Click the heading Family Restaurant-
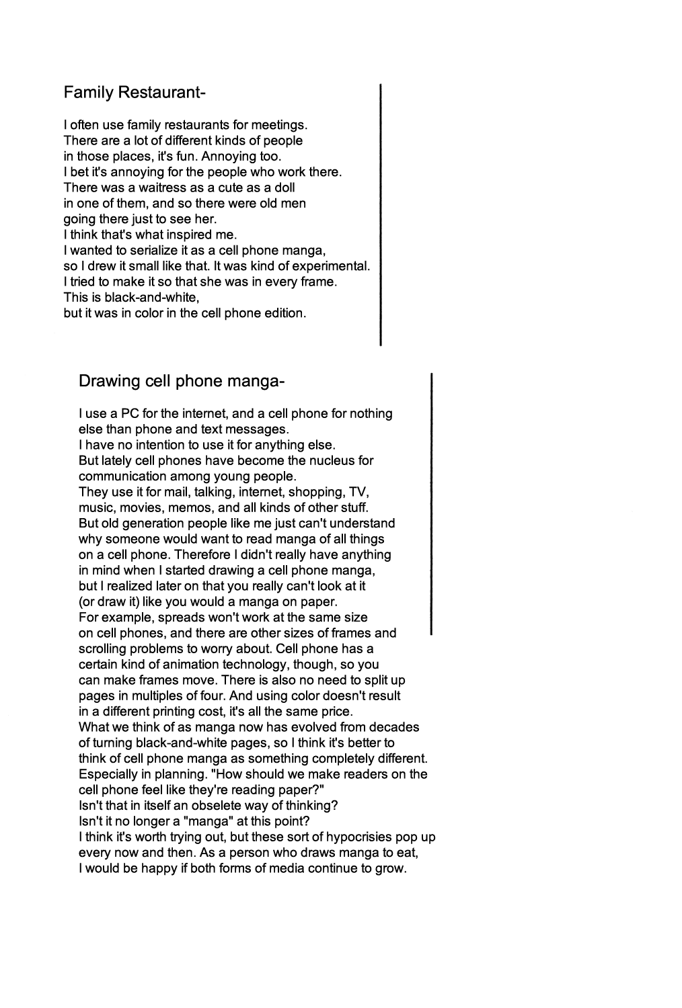tap(134, 92)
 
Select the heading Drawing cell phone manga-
tap(182, 382)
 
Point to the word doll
tap(284, 187)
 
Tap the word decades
tap(395, 727)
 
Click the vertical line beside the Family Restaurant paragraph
tap(381, 214)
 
